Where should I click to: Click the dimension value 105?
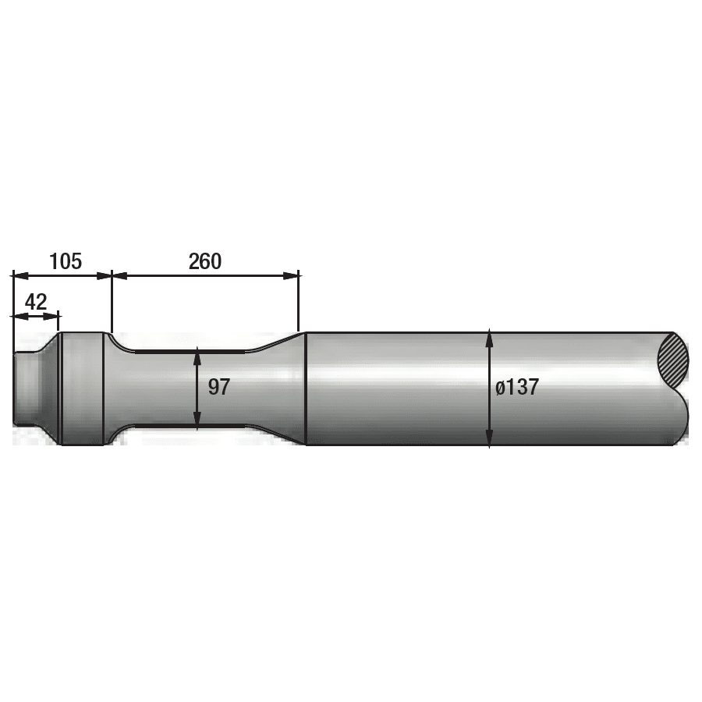coord(66,261)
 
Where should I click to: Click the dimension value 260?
coord(205,261)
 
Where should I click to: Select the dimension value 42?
coord(36,301)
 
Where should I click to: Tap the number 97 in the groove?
coord(219,387)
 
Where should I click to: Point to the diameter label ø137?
coord(517,387)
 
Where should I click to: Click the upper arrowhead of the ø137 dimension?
coord(489,336)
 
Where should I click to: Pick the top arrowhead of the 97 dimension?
coord(197,357)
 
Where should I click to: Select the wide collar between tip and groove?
coord(82,388)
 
